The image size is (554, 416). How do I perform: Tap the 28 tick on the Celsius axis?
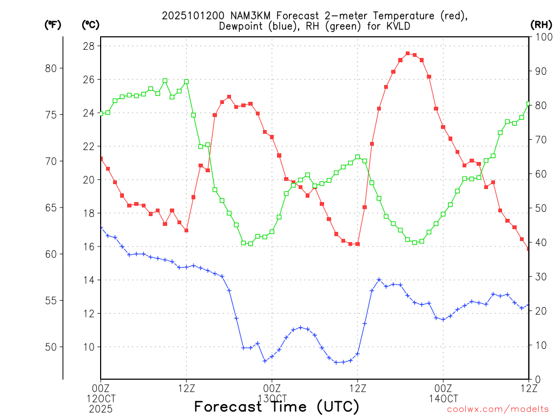coord(88,46)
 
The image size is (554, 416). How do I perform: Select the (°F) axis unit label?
coord(52,24)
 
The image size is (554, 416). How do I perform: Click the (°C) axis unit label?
coord(90,24)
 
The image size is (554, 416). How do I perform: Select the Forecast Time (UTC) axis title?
coord(276,406)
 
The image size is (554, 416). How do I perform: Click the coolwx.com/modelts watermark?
coord(498,409)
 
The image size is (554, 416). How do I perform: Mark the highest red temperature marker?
coord(407,53)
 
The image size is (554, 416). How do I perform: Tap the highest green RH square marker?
coord(165,81)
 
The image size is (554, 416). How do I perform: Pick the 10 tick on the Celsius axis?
coord(88,347)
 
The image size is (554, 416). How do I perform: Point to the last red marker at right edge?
coord(529,249)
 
